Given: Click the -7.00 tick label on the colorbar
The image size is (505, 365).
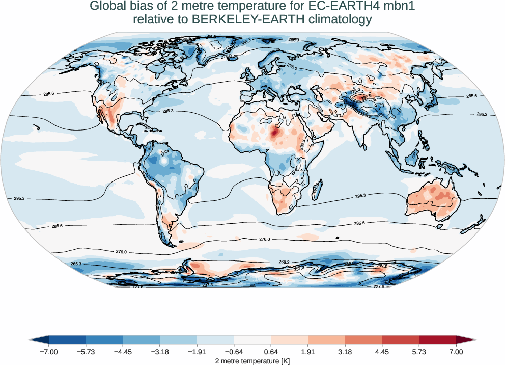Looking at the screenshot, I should [x=49, y=352].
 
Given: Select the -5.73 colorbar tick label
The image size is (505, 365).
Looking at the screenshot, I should [x=86, y=352].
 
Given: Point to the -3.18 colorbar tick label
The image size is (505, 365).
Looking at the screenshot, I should [x=160, y=352].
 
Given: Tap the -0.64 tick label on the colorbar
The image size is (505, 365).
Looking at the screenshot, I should [x=234, y=352].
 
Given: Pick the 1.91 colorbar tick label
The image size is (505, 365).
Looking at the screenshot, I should [x=308, y=352].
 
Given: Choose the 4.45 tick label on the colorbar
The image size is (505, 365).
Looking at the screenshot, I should [x=382, y=352].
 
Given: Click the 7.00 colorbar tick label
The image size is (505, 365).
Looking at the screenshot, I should [x=456, y=352].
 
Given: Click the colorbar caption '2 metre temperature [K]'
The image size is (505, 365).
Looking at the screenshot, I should [x=252, y=360].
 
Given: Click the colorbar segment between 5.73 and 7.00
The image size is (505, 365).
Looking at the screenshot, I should [x=438, y=340].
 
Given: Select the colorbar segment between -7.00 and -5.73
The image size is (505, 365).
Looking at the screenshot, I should [x=67, y=340].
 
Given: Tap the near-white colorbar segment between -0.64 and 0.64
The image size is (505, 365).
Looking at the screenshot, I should [x=252, y=340].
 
